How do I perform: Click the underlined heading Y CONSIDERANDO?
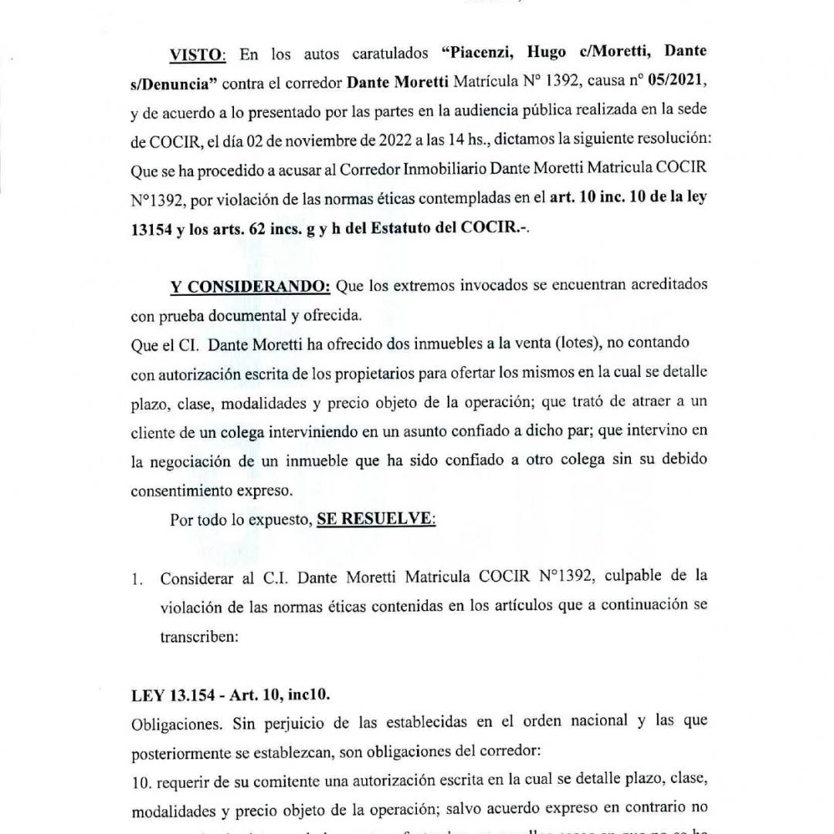click(250, 286)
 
